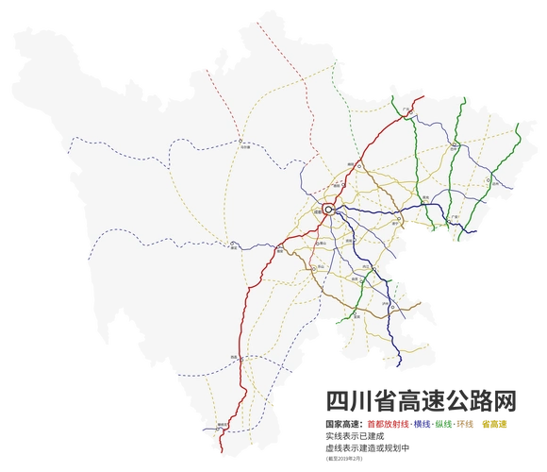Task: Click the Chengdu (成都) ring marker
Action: tap(328, 209)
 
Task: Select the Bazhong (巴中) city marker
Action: tap(454, 145)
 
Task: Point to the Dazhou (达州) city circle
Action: tap(488, 179)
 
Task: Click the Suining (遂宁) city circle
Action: tap(399, 218)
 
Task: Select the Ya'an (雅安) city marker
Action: tap(279, 249)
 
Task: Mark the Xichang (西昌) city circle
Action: tap(241, 359)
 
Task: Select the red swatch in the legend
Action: tap(387, 423)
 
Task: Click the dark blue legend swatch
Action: tap(422, 423)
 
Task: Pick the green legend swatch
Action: tap(443, 423)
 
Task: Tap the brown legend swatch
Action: tap(466, 423)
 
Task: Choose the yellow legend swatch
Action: tap(495, 423)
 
